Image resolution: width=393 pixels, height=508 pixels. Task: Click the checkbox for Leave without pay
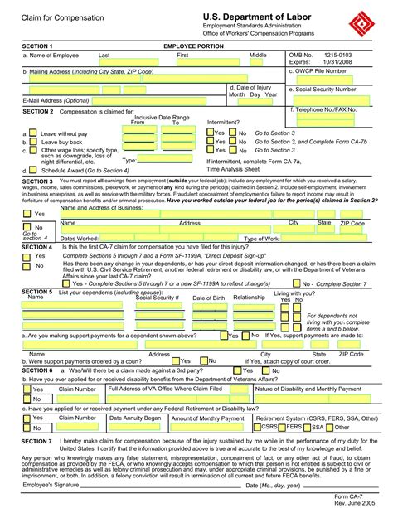32,133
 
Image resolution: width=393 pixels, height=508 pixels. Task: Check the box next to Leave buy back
32,142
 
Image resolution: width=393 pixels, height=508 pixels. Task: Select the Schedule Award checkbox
32,169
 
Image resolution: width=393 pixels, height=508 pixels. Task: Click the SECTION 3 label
38,181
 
